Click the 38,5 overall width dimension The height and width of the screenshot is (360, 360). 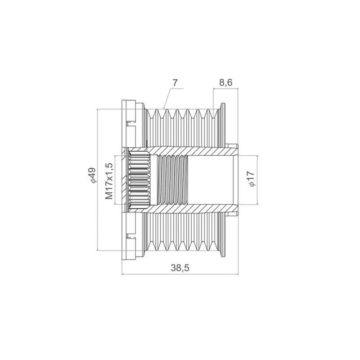point(180,268)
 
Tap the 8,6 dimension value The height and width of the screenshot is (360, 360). point(226,82)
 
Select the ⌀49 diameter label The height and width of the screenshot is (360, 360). point(92,175)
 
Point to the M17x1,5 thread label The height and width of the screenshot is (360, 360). point(109,181)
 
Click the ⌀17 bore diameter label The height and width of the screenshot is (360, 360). point(251,179)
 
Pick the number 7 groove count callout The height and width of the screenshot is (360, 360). point(175,83)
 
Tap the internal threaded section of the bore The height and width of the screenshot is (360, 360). point(173,180)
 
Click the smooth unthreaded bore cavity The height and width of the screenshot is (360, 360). point(211,180)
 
